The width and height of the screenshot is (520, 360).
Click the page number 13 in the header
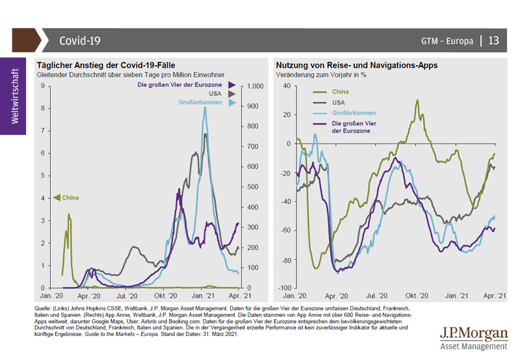pyautogui.click(x=493, y=40)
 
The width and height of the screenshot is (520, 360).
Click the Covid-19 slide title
pyautogui.click(x=80, y=40)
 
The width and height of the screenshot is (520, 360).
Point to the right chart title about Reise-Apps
pyautogui.click(x=356, y=66)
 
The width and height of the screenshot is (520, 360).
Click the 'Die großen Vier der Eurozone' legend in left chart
pyautogui.click(x=180, y=85)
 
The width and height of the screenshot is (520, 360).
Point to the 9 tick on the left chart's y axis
pyautogui.click(x=42, y=86)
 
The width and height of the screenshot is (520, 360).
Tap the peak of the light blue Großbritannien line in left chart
pyautogui.click(x=205, y=108)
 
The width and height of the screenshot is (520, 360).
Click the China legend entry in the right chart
pyautogui.click(x=340, y=92)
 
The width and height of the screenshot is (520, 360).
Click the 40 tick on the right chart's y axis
pyautogui.click(x=287, y=86)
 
